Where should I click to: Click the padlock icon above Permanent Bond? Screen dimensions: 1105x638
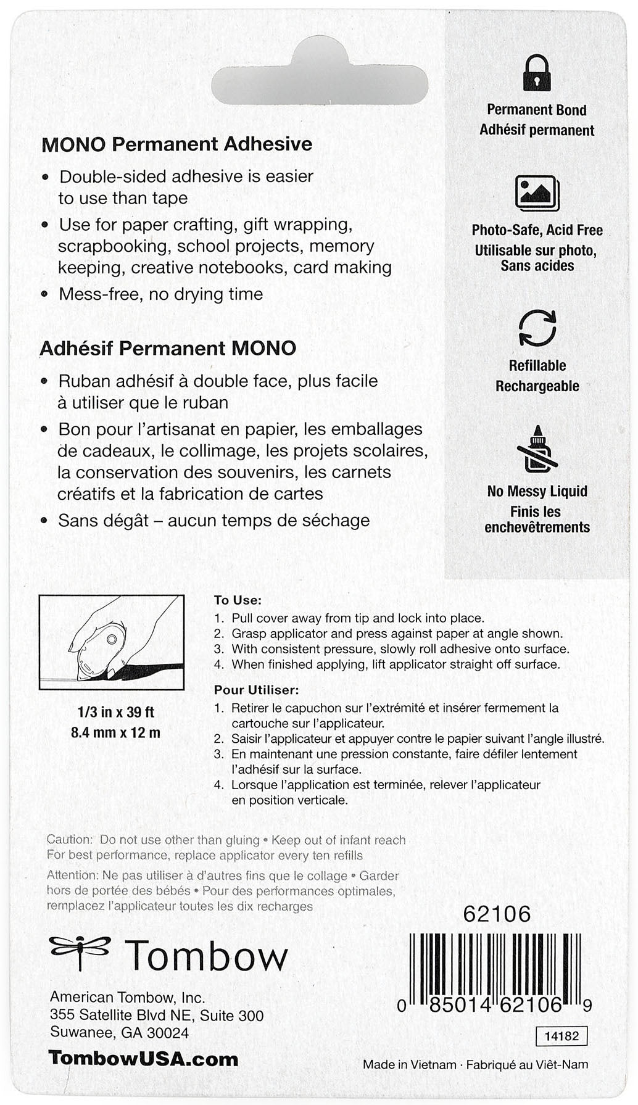pos(537,73)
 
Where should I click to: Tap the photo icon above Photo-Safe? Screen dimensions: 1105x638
pos(537,193)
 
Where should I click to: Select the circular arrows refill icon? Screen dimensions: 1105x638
pos(537,328)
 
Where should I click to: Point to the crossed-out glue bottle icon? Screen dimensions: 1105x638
pos(537,449)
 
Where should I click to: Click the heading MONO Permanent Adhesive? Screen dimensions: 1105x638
pos(176,144)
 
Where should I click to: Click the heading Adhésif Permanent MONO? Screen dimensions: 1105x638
pos(168,348)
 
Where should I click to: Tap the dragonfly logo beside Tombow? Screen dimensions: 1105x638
pos(80,952)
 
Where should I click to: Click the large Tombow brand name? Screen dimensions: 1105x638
pos(207,956)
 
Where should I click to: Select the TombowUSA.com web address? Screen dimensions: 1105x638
pos(143,1059)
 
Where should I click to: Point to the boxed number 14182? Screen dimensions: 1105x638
pos(561,1036)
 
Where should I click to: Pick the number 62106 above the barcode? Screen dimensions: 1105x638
pos(497,914)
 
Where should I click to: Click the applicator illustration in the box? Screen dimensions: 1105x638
pos(112,642)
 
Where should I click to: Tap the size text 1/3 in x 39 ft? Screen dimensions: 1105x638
pos(115,712)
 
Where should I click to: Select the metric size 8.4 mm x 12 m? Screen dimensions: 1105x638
pos(115,733)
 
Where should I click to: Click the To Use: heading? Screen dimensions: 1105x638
pos(238,600)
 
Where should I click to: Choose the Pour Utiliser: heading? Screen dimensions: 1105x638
pos(256,690)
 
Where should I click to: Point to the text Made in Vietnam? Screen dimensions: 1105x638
pos(409,1064)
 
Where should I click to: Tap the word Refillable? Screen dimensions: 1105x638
pos(537,365)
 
